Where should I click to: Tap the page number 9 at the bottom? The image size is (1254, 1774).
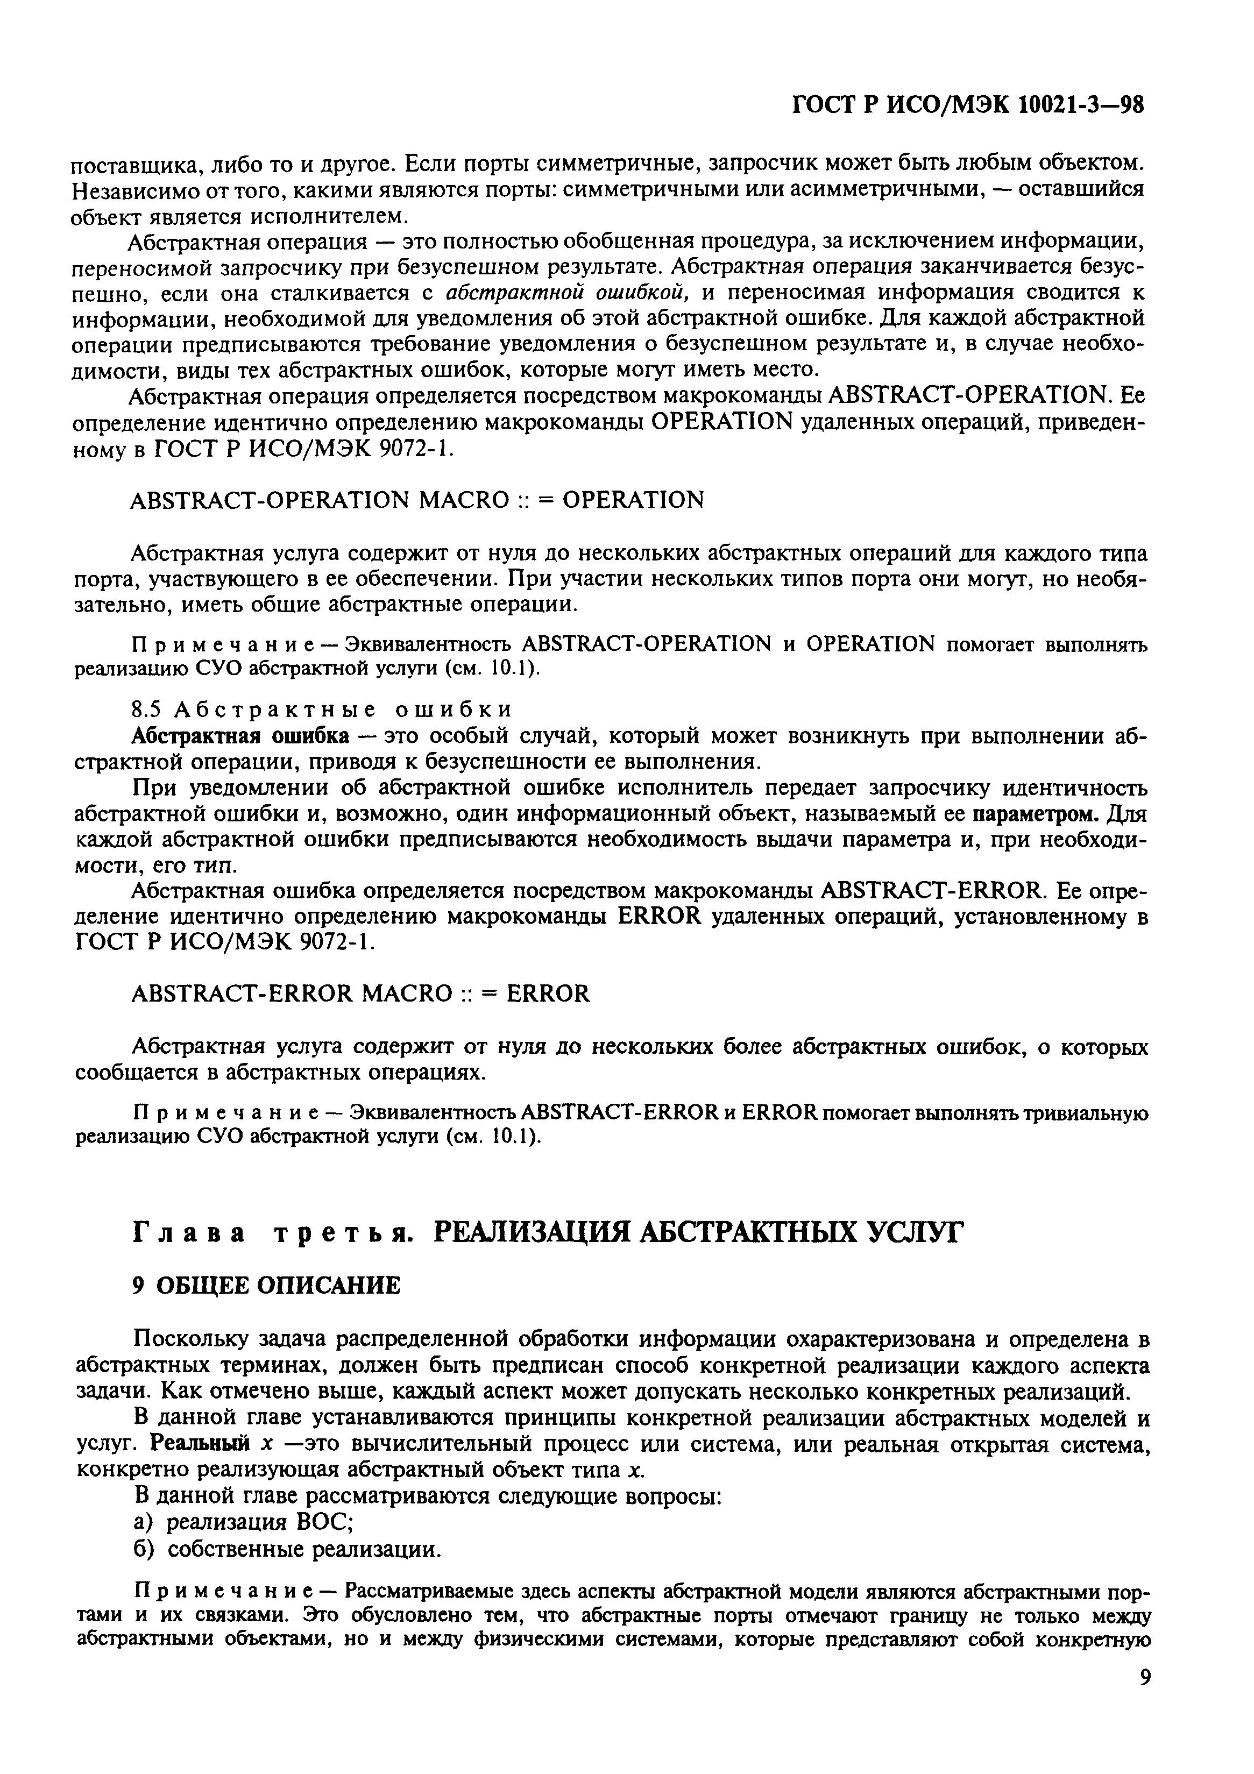pos(1144,1719)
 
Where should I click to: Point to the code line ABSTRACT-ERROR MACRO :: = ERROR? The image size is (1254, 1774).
pos(361,993)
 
